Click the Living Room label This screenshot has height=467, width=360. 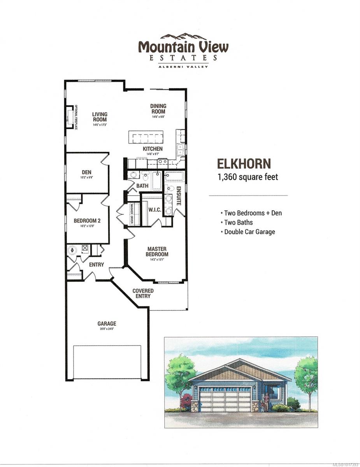(x=100, y=117)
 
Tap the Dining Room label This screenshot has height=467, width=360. (x=159, y=108)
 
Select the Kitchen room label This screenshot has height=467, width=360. (x=153, y=149)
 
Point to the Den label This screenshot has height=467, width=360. (x=86, y=172)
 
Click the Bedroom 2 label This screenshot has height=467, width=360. (x=87, y=221)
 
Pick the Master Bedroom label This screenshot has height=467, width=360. (x=157, y=251)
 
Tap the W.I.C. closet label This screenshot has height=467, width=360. (x=152, y=210)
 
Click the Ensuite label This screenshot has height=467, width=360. (x=179, y=196)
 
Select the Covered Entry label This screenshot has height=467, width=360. (x=143, y=293)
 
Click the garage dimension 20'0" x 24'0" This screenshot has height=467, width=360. (x=107, y=329)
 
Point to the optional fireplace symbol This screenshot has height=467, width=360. (x=71, y=117)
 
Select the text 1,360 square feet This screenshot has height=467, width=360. (x=248, y=177)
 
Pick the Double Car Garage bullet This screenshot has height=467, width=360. (x=249, y=232)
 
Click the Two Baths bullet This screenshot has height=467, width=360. (x=238, y=222)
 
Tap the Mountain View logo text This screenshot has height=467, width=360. (x=183, y=47)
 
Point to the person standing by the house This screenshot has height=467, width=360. (x=267, y=401)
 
